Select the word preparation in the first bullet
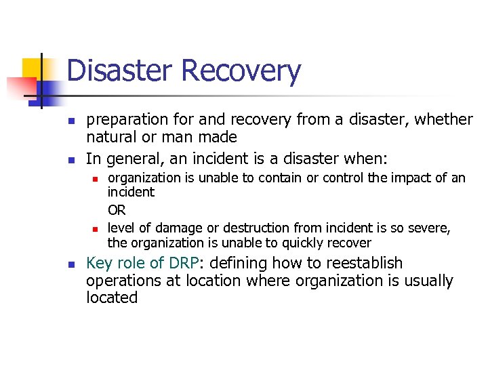(127, 120)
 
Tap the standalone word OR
(117, 211)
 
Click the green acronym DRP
(184, 263)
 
